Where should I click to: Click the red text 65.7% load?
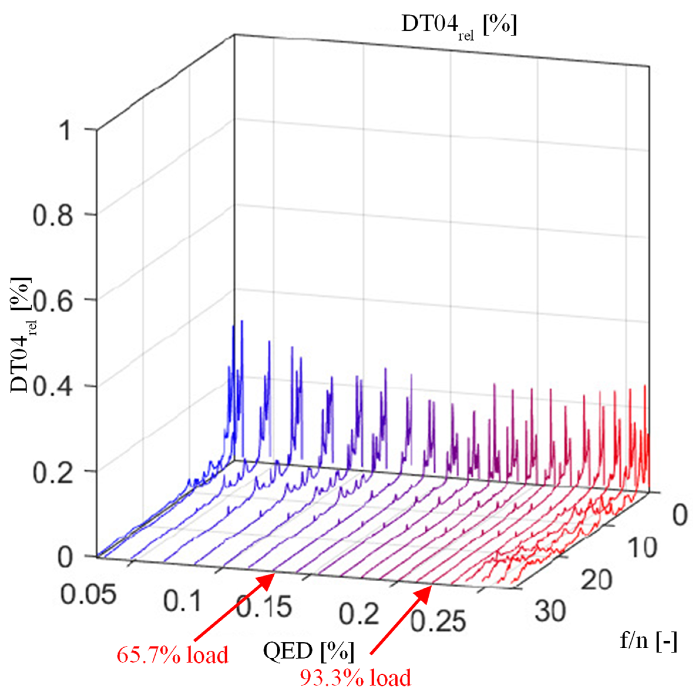coord(172,655)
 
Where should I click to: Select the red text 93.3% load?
coord(355,678)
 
